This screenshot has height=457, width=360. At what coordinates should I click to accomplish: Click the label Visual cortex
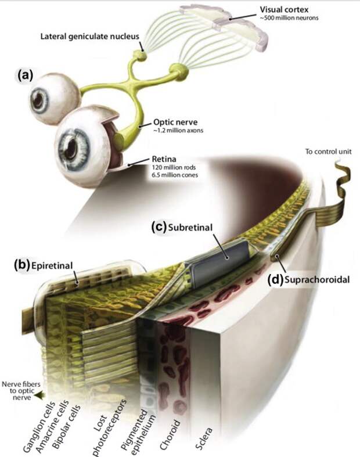(283, 10)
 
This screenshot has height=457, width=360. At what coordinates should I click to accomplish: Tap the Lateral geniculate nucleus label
(90, 37)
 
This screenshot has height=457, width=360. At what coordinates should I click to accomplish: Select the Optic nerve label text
(175, 122)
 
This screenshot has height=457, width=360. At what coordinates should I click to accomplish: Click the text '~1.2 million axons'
(178, 131)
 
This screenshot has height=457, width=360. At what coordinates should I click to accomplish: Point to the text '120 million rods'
(174, 167)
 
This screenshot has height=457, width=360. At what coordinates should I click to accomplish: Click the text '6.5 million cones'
(175, 175)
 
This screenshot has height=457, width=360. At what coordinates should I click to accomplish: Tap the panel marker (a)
(24, 75)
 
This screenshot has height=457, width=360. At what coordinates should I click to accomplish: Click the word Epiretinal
(52, 265)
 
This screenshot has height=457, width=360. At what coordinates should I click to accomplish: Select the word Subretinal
(190, 227)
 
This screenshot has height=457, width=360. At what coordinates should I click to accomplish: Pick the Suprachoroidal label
(317, 280)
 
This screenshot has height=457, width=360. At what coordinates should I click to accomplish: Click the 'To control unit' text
(328, 152)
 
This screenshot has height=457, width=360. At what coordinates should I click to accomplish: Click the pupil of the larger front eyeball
(70, 148)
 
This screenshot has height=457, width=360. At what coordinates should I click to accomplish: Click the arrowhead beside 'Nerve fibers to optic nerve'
(37, 396)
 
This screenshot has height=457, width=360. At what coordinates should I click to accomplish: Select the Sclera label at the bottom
(203, 438)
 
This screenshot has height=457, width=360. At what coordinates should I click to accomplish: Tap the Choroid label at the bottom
(170, 434)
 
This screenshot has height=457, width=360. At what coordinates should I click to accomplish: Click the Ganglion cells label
(39, 427)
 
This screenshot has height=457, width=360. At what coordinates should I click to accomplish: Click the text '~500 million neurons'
(289, 18)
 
